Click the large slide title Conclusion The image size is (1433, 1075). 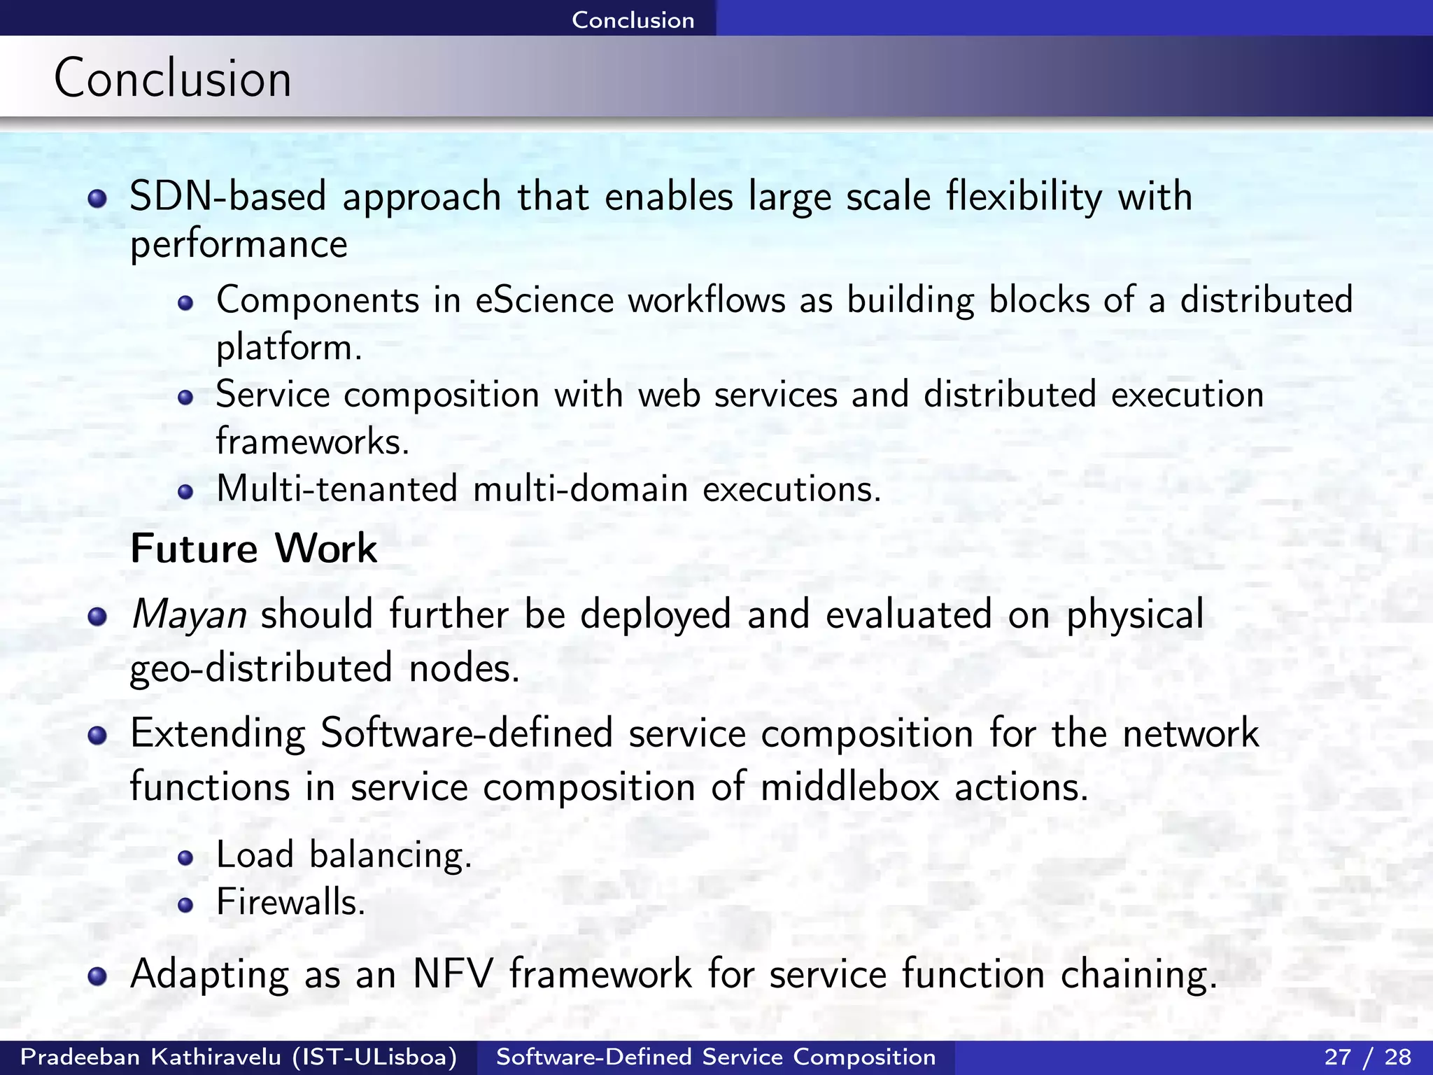pyautogui.click(x=172, y=78)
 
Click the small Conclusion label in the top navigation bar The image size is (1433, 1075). pyautogui.click(x=633, y=20)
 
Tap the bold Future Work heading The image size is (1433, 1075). pyautogui.click(x=253, y=548)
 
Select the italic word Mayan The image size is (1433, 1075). pyautogui.click(x=188, y=614)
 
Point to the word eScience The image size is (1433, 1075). pyautogui.click(x=544, y=300)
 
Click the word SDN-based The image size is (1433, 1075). pyautogui.click(x=228, y=196)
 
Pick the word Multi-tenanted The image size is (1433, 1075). pyautogui.click(x=337, y=489)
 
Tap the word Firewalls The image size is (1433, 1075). pyautogui.click(x=290, y=901)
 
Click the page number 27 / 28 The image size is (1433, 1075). pyautogui.click(x=1367, y=1057)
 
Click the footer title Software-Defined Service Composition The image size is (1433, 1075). pyautogui.click(x=716, y=1057)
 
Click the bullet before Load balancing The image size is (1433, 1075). pyautogui.click(x=185, y=858)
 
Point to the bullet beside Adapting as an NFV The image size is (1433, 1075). pyautogui.click(x=97, y=976)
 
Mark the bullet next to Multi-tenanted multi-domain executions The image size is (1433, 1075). pyautogui.click(x=185, y=491)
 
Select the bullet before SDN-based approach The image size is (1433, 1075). pyautogui.click(x=97, y=199)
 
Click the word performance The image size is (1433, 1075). pyautogui.click(x=239, y=245)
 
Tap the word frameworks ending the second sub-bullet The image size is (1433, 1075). pyautogui.click(x=311, y=442)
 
